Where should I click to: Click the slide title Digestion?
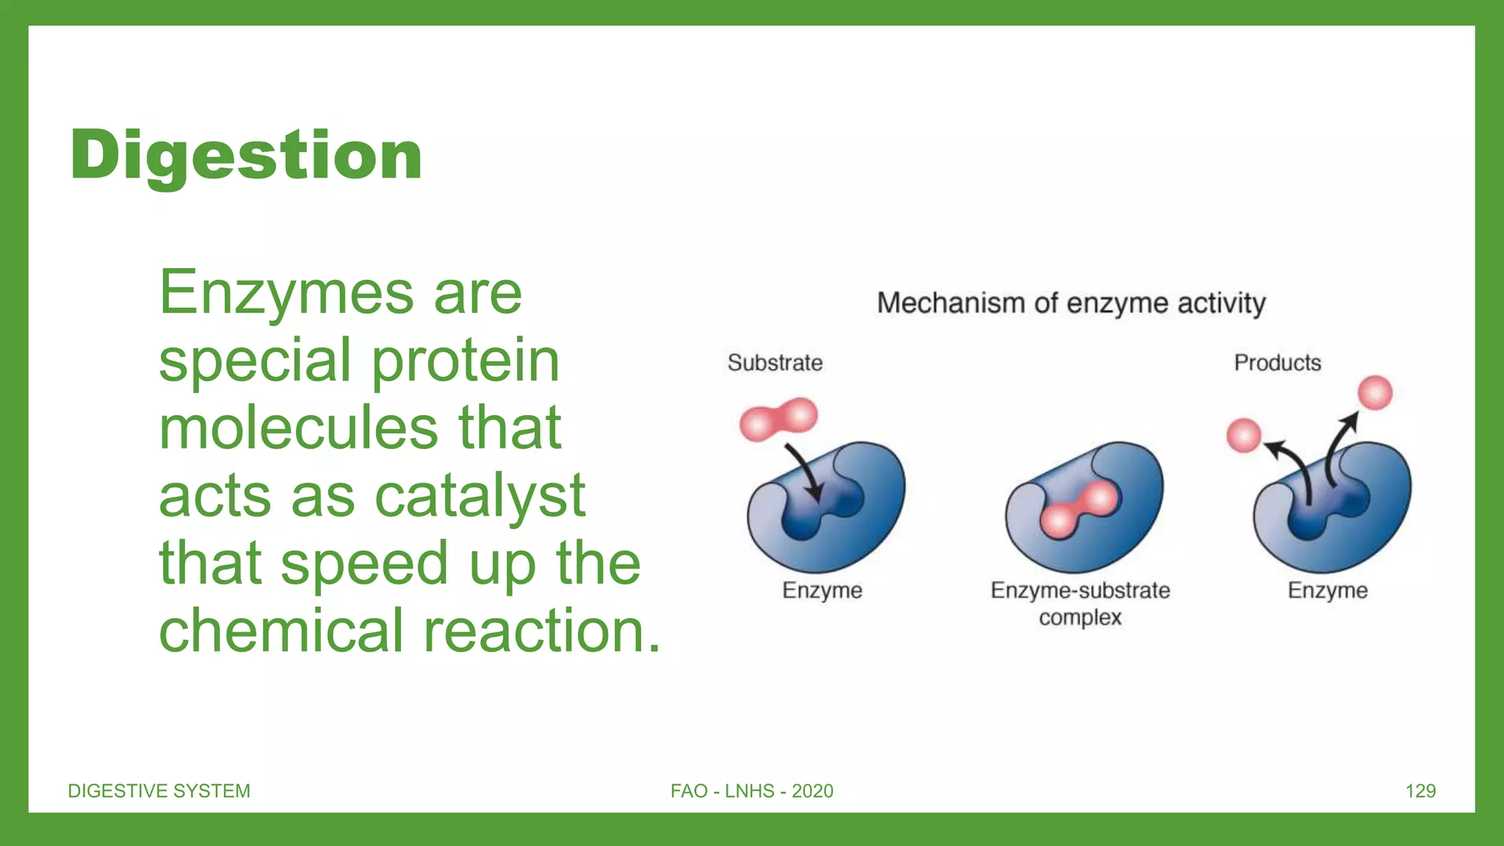246,155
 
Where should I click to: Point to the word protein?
465,361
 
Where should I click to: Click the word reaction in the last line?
542,631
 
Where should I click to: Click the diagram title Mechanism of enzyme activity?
1071,303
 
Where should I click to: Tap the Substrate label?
775,363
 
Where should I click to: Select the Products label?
1277,363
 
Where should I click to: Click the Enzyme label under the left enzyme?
822,590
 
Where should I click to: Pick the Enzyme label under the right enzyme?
1327,590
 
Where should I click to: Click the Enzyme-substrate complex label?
1080,603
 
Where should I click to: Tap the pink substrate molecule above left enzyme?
778,419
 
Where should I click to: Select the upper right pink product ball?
1375,392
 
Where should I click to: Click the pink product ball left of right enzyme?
1243,435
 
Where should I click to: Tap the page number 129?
1420,791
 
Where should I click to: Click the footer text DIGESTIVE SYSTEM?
159,791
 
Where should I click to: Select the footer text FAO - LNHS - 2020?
751,791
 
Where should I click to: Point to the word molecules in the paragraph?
298,428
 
